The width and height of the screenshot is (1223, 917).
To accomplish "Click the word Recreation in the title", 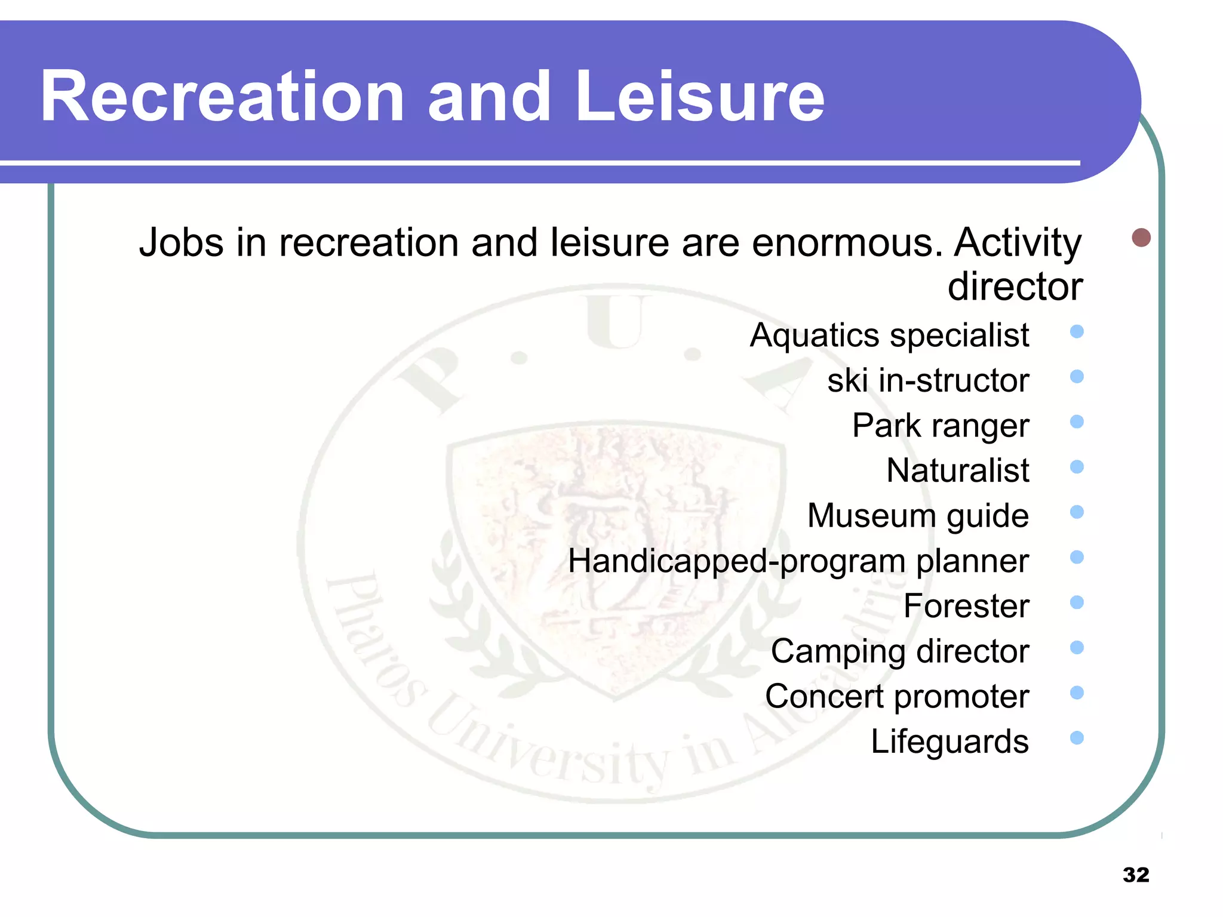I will coord(222,97).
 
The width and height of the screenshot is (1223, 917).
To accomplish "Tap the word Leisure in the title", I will coord(699,97).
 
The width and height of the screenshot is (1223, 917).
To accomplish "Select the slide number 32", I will coord(1136,875).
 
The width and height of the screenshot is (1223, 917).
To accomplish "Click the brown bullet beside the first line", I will coord(1141,238).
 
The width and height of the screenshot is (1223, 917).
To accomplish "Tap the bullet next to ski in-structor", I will coord(1077,377).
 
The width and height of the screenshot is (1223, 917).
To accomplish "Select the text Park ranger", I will coord(941,426).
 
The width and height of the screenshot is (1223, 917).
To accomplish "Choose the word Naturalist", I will coord(958,470).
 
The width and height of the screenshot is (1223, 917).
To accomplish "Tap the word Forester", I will coord(966,606).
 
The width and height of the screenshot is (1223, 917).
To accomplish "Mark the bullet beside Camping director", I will coord(1077,648).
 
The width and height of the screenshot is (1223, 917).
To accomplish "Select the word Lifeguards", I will coord(949,742).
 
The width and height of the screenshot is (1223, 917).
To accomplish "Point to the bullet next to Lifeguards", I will coord(1077,738).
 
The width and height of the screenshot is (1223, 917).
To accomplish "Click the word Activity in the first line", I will coord(1018,243).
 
